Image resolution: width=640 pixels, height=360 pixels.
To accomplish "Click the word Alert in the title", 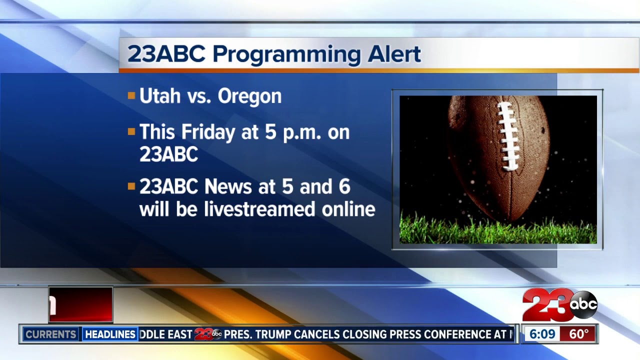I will click(x=394, y=53).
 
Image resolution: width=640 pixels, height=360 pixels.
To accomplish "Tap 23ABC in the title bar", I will click(x=166, y=53).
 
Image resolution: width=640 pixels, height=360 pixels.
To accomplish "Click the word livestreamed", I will click(x=259, y=209).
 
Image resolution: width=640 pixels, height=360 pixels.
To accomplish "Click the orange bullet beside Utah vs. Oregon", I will click(x=131, y=95).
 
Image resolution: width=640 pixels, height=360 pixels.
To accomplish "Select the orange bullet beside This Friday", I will click(x=131, y=132).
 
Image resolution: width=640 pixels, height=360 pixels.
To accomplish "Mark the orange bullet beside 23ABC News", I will click(x=131, y=186).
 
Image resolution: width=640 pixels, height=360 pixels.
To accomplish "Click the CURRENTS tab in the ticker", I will click(x=50, y=334).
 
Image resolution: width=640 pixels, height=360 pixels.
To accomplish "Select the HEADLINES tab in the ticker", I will click(x=110, y=334).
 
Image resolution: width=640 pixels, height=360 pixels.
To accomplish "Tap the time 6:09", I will click(x=542, y=334).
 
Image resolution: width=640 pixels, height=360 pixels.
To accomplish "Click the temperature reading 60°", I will click(x=579, y=334).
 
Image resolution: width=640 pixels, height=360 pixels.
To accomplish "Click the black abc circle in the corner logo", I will click(x=583, y=304).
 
